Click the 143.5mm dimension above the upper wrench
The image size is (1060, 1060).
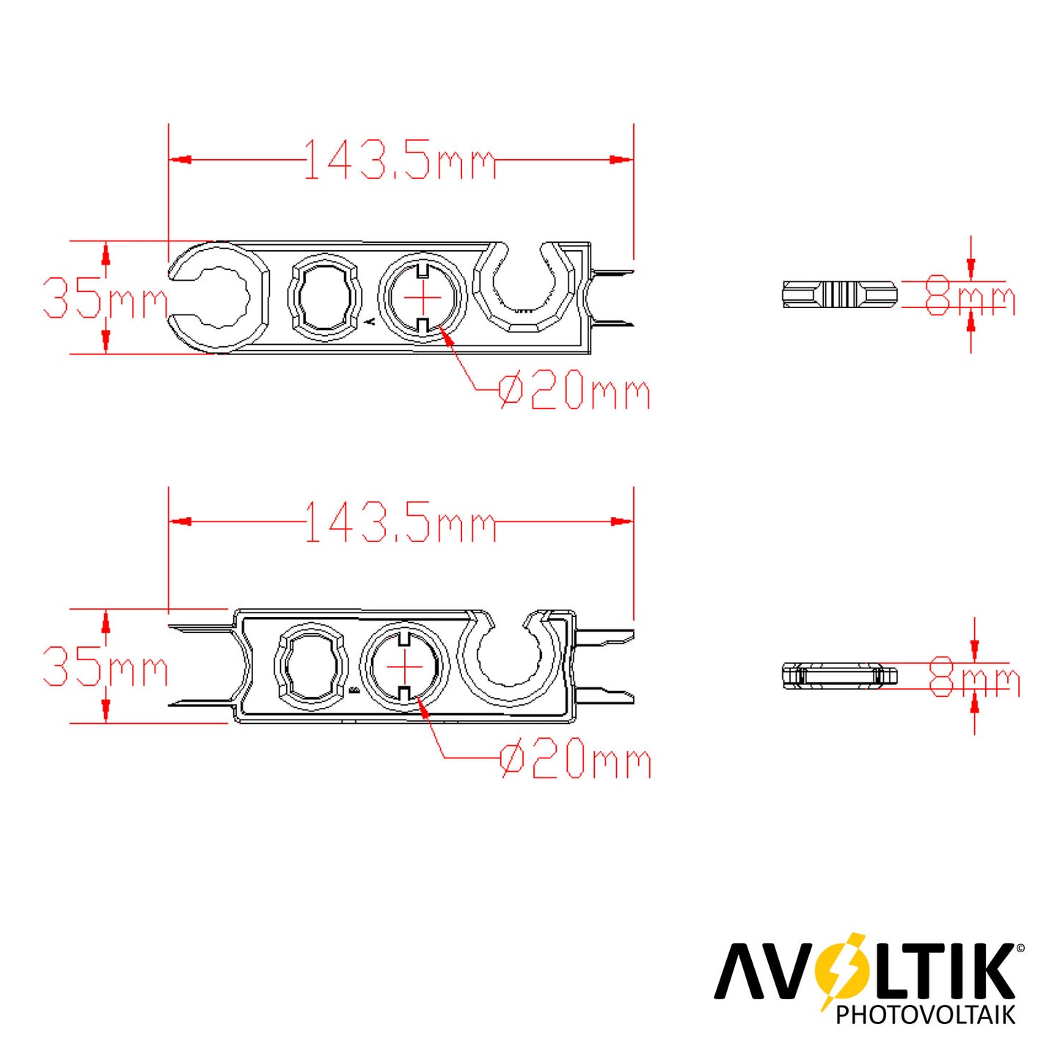click(x=400, y=159)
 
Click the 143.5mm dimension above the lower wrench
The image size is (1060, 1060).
click(x=400, y=521)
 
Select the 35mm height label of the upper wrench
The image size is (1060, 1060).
click(x=106, y=298)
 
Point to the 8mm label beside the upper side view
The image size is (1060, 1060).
click(x=970, y=296)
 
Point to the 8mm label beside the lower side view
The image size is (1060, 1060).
click(x=973, y=676)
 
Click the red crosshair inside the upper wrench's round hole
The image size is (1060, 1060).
click(x=423, y=298)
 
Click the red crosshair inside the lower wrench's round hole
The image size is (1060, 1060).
click(x=405, y=666)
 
